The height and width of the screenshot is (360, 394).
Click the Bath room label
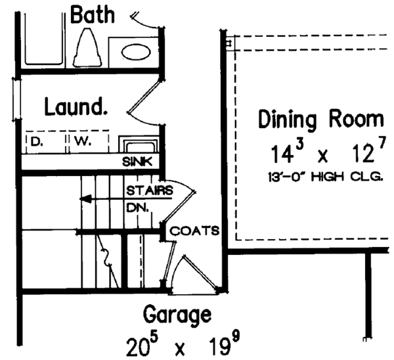tap(93, 15)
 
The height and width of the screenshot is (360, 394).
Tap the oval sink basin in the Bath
tap(136, 53)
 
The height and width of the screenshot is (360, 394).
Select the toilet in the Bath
tap(88, 47)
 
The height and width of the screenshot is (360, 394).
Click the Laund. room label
tap(76, 107)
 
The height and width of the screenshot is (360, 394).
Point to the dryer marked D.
tap(47, 142)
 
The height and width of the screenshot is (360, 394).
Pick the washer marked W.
tap(89, 142)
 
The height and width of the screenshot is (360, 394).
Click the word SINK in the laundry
tap(137, 162)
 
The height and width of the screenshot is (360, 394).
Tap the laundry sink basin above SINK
tap(139, 145)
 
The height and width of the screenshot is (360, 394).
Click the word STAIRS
tap(150, 191)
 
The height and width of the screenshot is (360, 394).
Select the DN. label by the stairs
tap(138, 208)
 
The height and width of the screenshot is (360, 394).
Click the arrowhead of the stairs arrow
tap(85, 199)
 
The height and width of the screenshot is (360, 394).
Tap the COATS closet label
tap(194, 231)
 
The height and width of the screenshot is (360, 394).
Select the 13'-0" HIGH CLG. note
tap(326, 177)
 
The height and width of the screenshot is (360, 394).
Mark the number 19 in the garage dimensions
tap(222, 346)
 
